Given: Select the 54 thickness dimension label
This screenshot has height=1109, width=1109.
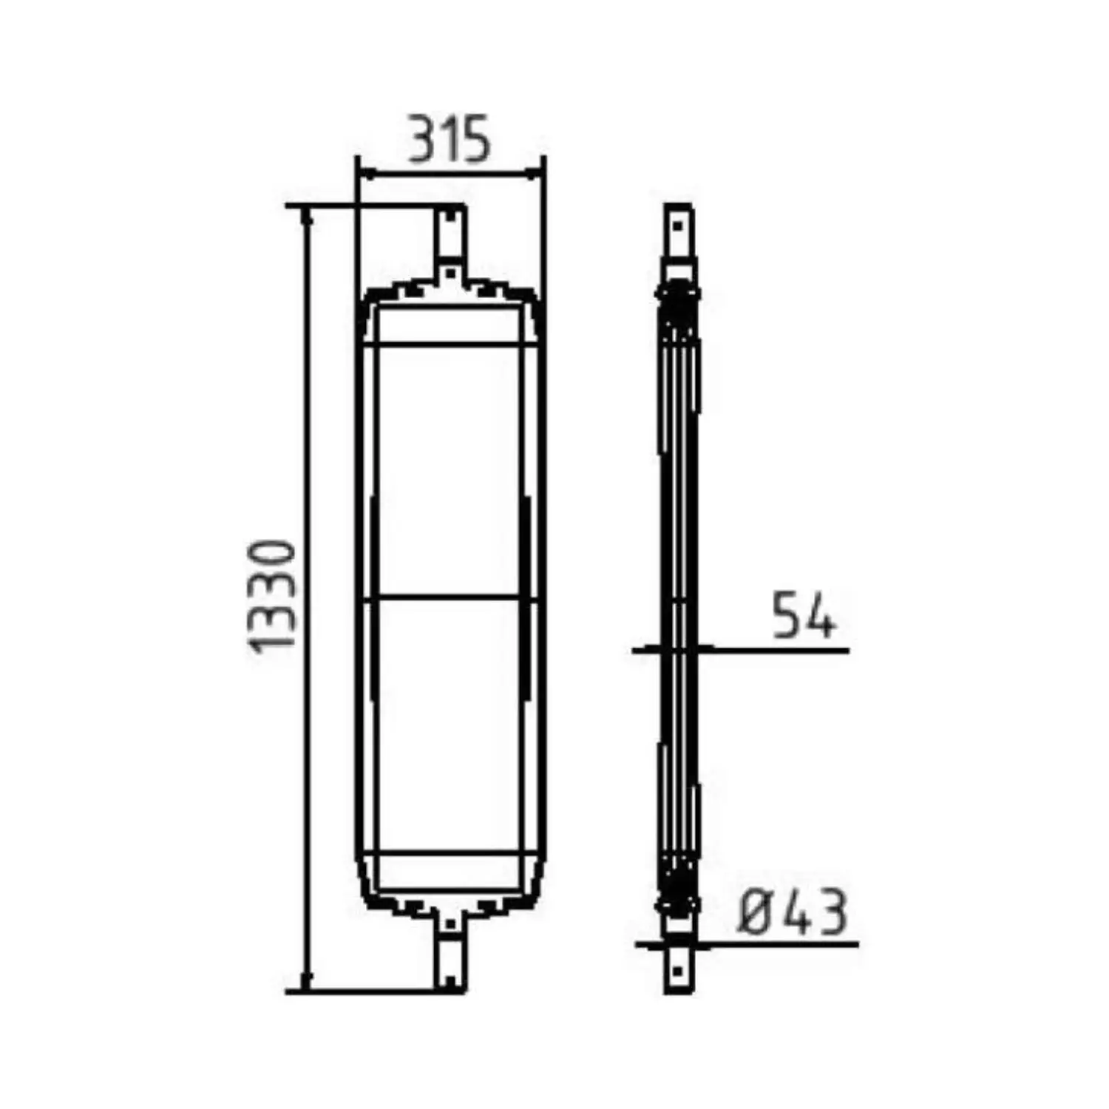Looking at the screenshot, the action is (x=804, y=614).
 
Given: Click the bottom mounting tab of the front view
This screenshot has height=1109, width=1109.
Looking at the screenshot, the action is (x=450, y=954).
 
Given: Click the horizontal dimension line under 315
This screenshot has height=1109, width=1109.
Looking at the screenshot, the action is (x=450, y=174).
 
